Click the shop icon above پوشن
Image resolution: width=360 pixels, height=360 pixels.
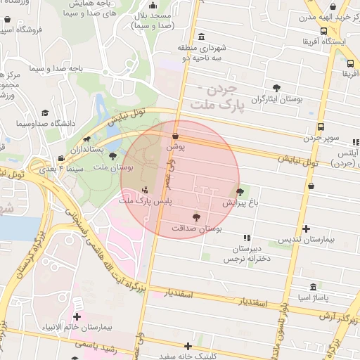[175, 136]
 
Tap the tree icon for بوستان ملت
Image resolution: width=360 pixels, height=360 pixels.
[112, 156]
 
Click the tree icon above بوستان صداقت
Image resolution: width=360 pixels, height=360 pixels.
[196, 217]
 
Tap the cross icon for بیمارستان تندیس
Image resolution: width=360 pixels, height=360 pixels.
[305, 229]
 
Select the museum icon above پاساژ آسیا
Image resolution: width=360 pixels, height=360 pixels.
[314, 287]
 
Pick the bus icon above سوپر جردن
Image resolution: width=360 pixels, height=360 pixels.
[321, 127]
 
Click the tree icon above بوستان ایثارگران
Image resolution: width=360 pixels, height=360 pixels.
[277, 88]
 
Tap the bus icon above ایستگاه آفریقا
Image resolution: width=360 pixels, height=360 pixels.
[323, 31]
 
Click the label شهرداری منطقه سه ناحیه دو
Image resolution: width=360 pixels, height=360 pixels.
[202, 53]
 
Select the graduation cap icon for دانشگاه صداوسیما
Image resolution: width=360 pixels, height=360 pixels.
[46, 112]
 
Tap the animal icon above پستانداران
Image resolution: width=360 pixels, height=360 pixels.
[86, 139]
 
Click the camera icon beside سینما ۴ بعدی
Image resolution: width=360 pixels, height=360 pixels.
[62, 157]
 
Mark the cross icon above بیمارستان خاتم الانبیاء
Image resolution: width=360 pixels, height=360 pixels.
[77, 316]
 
